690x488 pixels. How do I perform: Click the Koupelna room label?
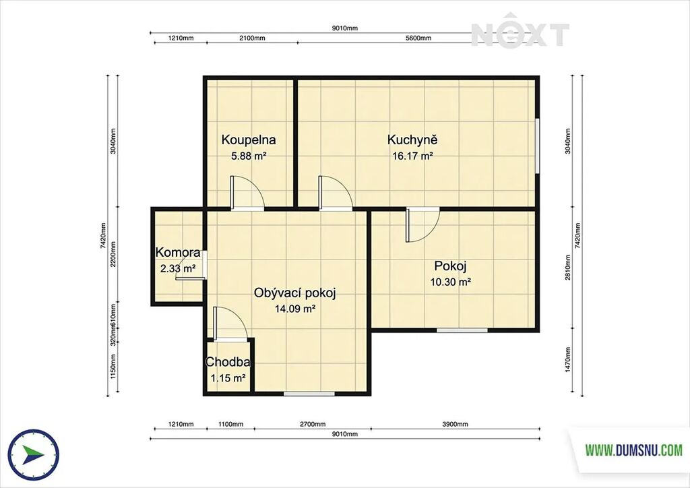(x=249, y=140)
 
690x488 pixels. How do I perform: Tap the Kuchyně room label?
(x=412, y=140)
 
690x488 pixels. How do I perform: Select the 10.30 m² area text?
(x=451, y=282)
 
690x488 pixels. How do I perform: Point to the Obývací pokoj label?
(x=295, y=293)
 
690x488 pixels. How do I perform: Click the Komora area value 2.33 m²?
(x=178, y=268)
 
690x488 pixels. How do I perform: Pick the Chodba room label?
(x=228, y=362)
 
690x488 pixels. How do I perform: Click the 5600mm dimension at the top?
(x=418, y=38)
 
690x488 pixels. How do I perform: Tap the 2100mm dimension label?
(x=252, y=38)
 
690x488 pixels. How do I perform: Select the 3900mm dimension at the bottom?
(x=455, y=425)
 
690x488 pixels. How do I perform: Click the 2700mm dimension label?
(x=313, y=425)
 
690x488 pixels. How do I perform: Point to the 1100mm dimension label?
(x=230, y=425)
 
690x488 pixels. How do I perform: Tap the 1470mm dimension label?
(x=567, y=359)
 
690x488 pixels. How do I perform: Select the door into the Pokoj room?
(x=423, y=224)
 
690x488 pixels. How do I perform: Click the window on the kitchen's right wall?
(x=537, y=145)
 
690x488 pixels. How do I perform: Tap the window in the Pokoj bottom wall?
(x=462, y=330)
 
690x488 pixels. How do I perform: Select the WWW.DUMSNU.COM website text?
(x=633, y=450)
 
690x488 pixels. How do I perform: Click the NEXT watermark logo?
(x=520, y=31)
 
